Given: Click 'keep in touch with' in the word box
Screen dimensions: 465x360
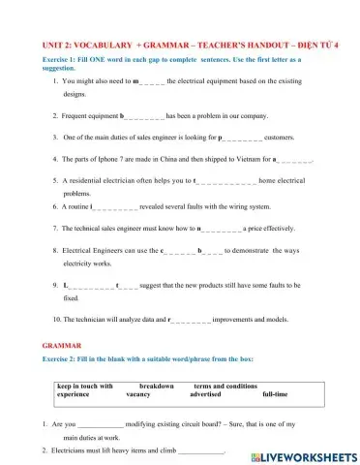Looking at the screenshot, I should click(85, 387).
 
